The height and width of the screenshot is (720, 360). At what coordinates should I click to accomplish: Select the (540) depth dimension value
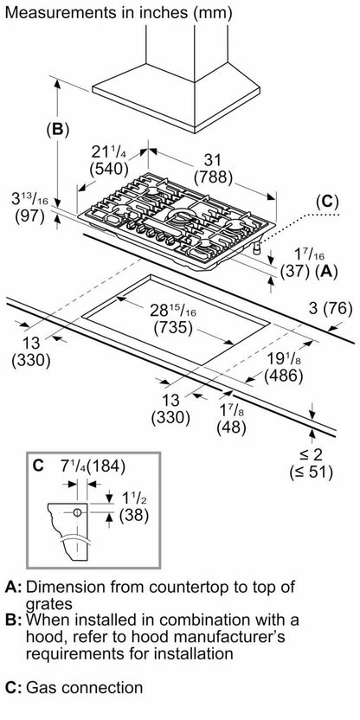coord(109,169)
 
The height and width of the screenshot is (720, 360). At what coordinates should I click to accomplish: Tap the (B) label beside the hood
coord(57,130)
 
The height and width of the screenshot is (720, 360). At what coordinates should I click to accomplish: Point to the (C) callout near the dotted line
coord(327,202)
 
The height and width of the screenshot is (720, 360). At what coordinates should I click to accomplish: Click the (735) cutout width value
coord(174,329)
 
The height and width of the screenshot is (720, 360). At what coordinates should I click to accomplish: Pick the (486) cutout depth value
coord(283,376)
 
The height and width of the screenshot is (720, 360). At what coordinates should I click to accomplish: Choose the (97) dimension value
coord(29,215)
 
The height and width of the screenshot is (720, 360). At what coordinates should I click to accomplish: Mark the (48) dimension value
coord(231,427)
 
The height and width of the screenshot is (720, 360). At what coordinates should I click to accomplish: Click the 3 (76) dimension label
coord(331,310)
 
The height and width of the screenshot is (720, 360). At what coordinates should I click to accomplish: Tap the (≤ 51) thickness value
coord(312,472)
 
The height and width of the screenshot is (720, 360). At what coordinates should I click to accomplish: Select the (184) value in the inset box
coord(106,466)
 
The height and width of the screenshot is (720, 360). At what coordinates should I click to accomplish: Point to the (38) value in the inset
coord(134,516)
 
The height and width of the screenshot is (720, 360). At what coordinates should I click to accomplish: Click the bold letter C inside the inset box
coord(39,466)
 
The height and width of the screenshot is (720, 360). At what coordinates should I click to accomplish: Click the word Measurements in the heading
coord(54,12)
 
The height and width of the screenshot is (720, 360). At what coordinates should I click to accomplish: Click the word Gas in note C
coord(42,687)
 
